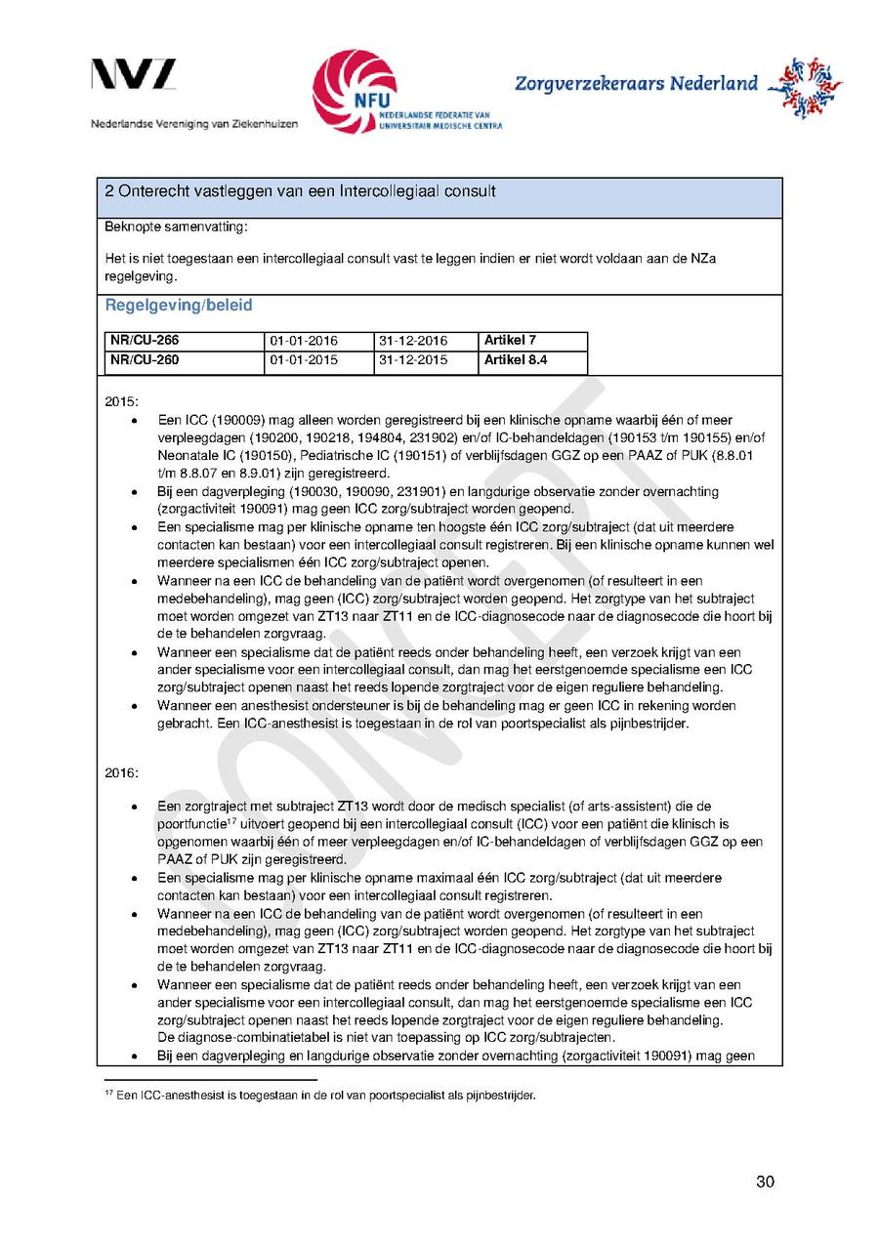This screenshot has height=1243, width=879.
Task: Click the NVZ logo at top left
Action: (x=134, y=76)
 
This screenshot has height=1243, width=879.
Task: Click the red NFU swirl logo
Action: (x=354, y=91)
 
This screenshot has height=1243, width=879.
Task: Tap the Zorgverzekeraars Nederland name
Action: (x=636, y=84)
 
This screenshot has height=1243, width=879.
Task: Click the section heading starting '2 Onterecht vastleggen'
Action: (x=300, y=191)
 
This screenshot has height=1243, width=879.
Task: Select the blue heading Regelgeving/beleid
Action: (x=179, y=306)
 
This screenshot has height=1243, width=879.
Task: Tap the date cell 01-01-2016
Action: (x=303, y=341)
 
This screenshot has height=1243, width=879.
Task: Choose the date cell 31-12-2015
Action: (x=411, y=360)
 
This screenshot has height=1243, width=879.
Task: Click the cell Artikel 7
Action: (x=510, y=341)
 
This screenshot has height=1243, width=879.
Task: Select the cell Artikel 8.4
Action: (x=516, y=360)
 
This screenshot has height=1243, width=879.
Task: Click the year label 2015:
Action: (x=122, y=401)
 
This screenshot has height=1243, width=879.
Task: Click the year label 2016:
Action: (x=122, y=773)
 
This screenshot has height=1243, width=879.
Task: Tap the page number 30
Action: (x=765, y=1182)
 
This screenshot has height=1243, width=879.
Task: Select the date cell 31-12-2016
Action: (x=411, y=341)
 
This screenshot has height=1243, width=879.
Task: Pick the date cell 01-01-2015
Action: (x=303, y=360)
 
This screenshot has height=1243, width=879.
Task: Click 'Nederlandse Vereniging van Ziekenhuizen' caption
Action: (x=194, y=124)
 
